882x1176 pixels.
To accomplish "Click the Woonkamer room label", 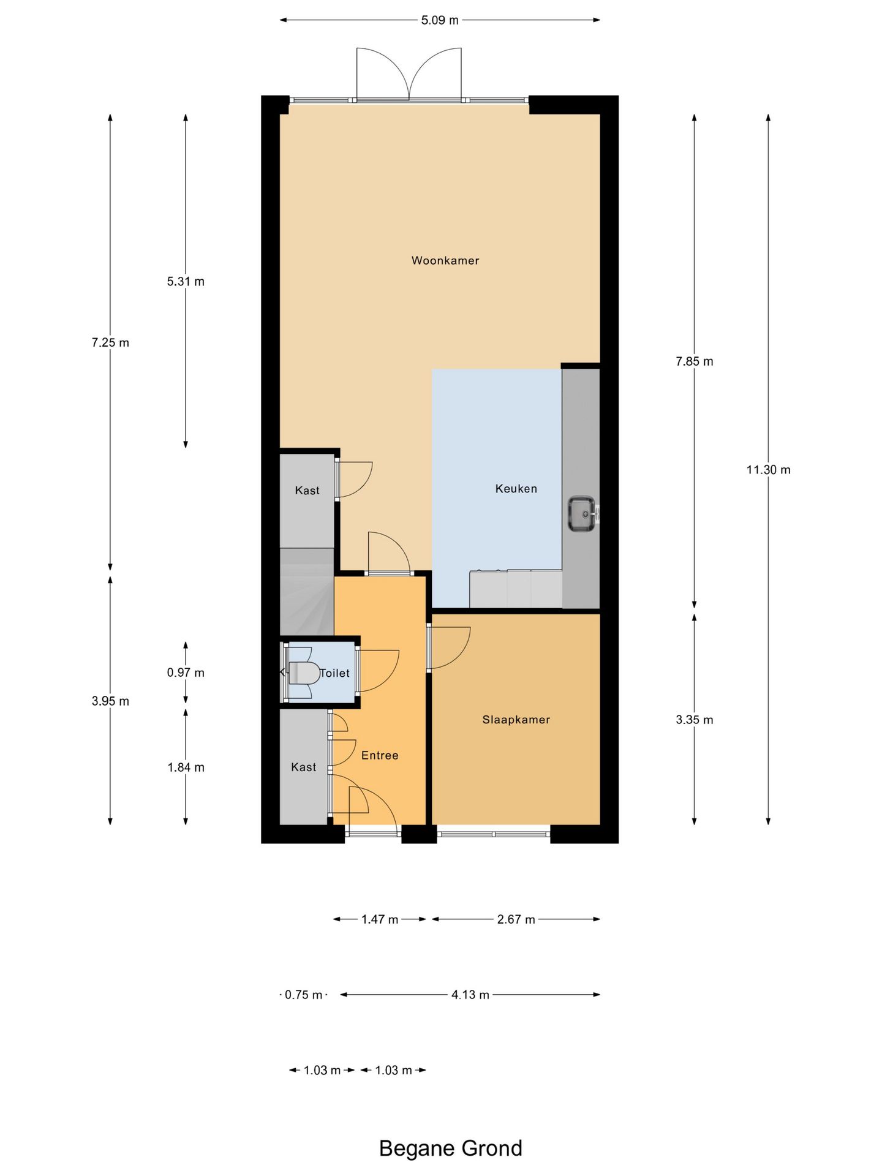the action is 445,260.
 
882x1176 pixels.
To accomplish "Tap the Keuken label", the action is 516,489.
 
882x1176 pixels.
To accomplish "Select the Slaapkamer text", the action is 516,720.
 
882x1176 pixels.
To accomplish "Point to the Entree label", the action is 380,755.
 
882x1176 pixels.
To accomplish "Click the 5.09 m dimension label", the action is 440,20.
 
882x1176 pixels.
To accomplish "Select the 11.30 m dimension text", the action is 768,470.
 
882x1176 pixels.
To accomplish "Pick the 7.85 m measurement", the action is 695,361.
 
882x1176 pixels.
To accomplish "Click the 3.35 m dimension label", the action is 695,720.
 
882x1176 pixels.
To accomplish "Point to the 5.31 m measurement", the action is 186,282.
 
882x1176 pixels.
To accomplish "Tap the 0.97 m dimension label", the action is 186,673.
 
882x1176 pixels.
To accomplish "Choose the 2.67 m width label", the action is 516,919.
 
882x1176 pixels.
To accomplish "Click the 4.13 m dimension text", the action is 470,995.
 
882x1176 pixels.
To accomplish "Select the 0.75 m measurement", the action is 304,995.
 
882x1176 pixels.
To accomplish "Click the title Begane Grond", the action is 451,1148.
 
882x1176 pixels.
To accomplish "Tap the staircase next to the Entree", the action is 307,592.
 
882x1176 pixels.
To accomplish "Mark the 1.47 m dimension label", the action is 380,919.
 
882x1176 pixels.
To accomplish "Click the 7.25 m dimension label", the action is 110,343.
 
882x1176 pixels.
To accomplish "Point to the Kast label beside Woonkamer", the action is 307,491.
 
